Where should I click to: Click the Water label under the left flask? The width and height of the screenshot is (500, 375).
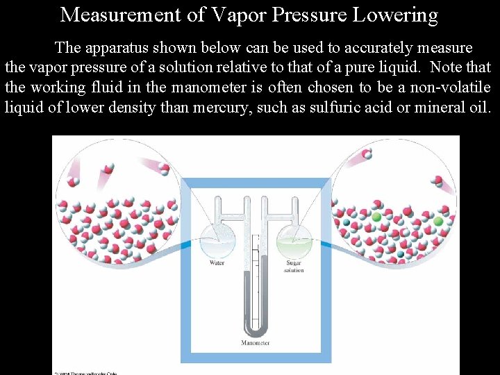click(x=217, y=263)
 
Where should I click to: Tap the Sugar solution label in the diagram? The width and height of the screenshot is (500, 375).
click(x=293, y=267)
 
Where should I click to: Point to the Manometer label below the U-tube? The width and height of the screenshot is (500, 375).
click(x=256, y=342)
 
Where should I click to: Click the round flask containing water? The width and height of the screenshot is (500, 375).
click(x=217, y=240)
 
